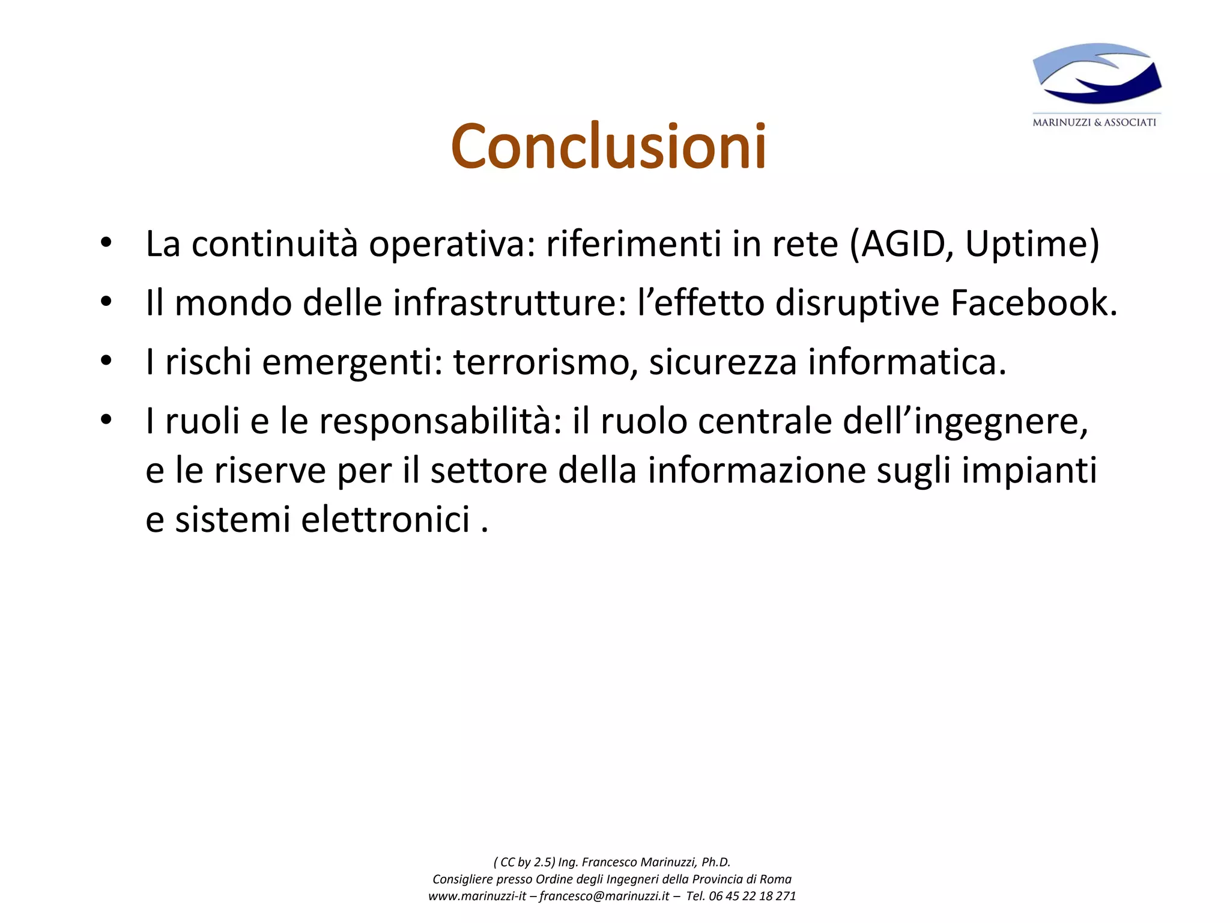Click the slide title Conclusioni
(608, 147)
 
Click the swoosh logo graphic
(1097, 73)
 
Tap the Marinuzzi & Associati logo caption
(1094, 123)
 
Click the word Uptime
(1026, 245)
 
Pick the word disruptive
(857, 303)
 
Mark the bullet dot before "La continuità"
(106, 243)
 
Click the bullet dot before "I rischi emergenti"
(106, 361)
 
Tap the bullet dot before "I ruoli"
(106, 420)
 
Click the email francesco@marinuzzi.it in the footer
(604, 896)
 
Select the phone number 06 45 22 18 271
(752, 896)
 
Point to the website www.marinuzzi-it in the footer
(477, 896)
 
